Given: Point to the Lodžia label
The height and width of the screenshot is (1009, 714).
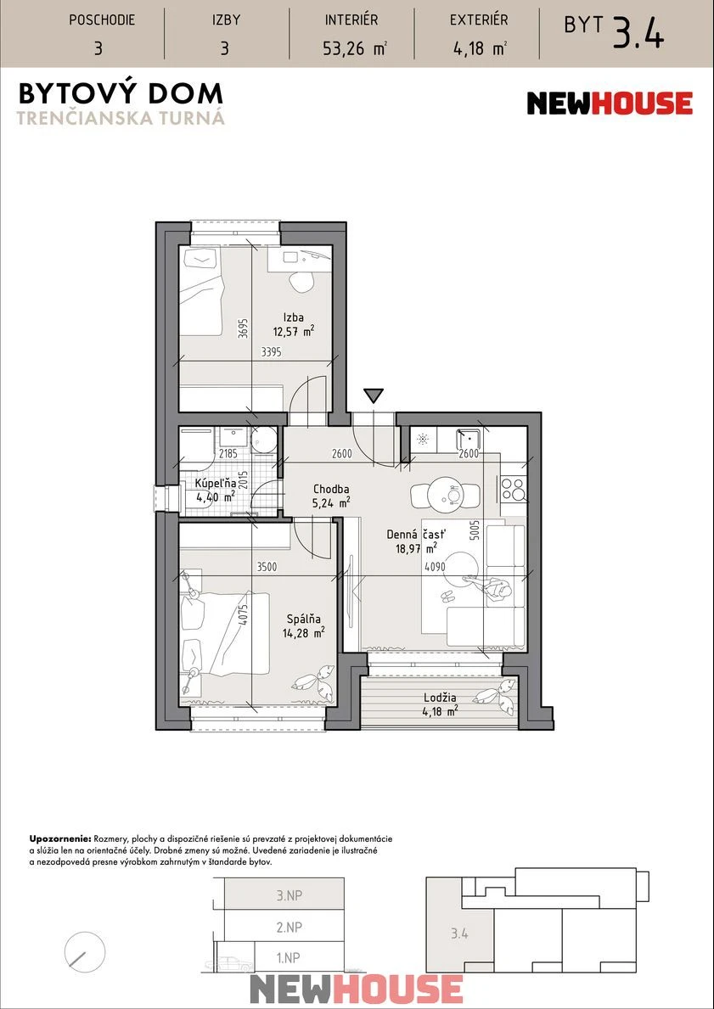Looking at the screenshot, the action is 441,698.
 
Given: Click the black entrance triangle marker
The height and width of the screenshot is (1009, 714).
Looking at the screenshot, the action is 373,395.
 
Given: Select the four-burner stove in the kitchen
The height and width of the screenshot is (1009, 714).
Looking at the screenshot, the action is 513,489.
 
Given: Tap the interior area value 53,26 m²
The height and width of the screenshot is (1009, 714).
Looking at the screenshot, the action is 354,48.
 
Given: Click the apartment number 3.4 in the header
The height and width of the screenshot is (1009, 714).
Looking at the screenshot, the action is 638,34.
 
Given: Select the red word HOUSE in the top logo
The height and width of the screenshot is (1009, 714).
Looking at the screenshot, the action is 641,103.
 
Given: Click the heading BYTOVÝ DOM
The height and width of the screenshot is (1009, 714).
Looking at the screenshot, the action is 121,94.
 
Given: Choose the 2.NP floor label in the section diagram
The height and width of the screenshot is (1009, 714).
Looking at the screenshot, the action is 289,928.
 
